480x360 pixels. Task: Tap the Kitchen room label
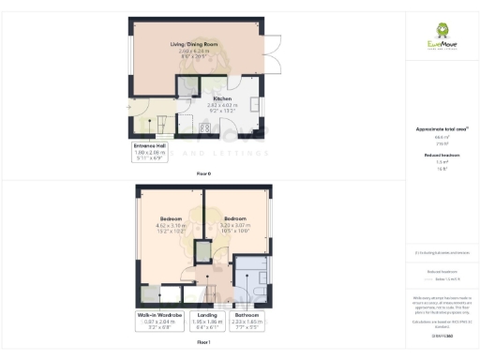[222, 98]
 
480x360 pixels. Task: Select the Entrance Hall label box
[150, 152]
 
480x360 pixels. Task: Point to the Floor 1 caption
[203, 344]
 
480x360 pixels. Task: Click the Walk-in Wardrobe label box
[158, 320]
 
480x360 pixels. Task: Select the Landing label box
[207, 320]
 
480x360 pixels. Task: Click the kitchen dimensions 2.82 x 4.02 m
[222, 105]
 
